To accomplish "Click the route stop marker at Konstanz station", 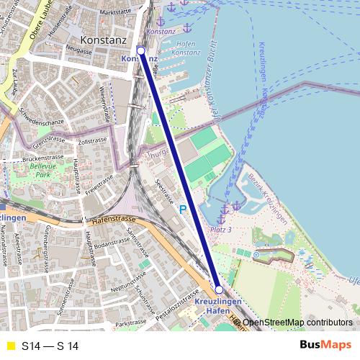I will click(x=140, y=50).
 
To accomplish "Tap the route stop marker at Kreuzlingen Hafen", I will click(x=219, y=289).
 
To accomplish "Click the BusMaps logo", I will click(x=325, y=346).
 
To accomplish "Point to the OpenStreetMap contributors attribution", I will click(x=297, y=323).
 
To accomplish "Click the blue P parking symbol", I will click(x=183, y=209).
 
